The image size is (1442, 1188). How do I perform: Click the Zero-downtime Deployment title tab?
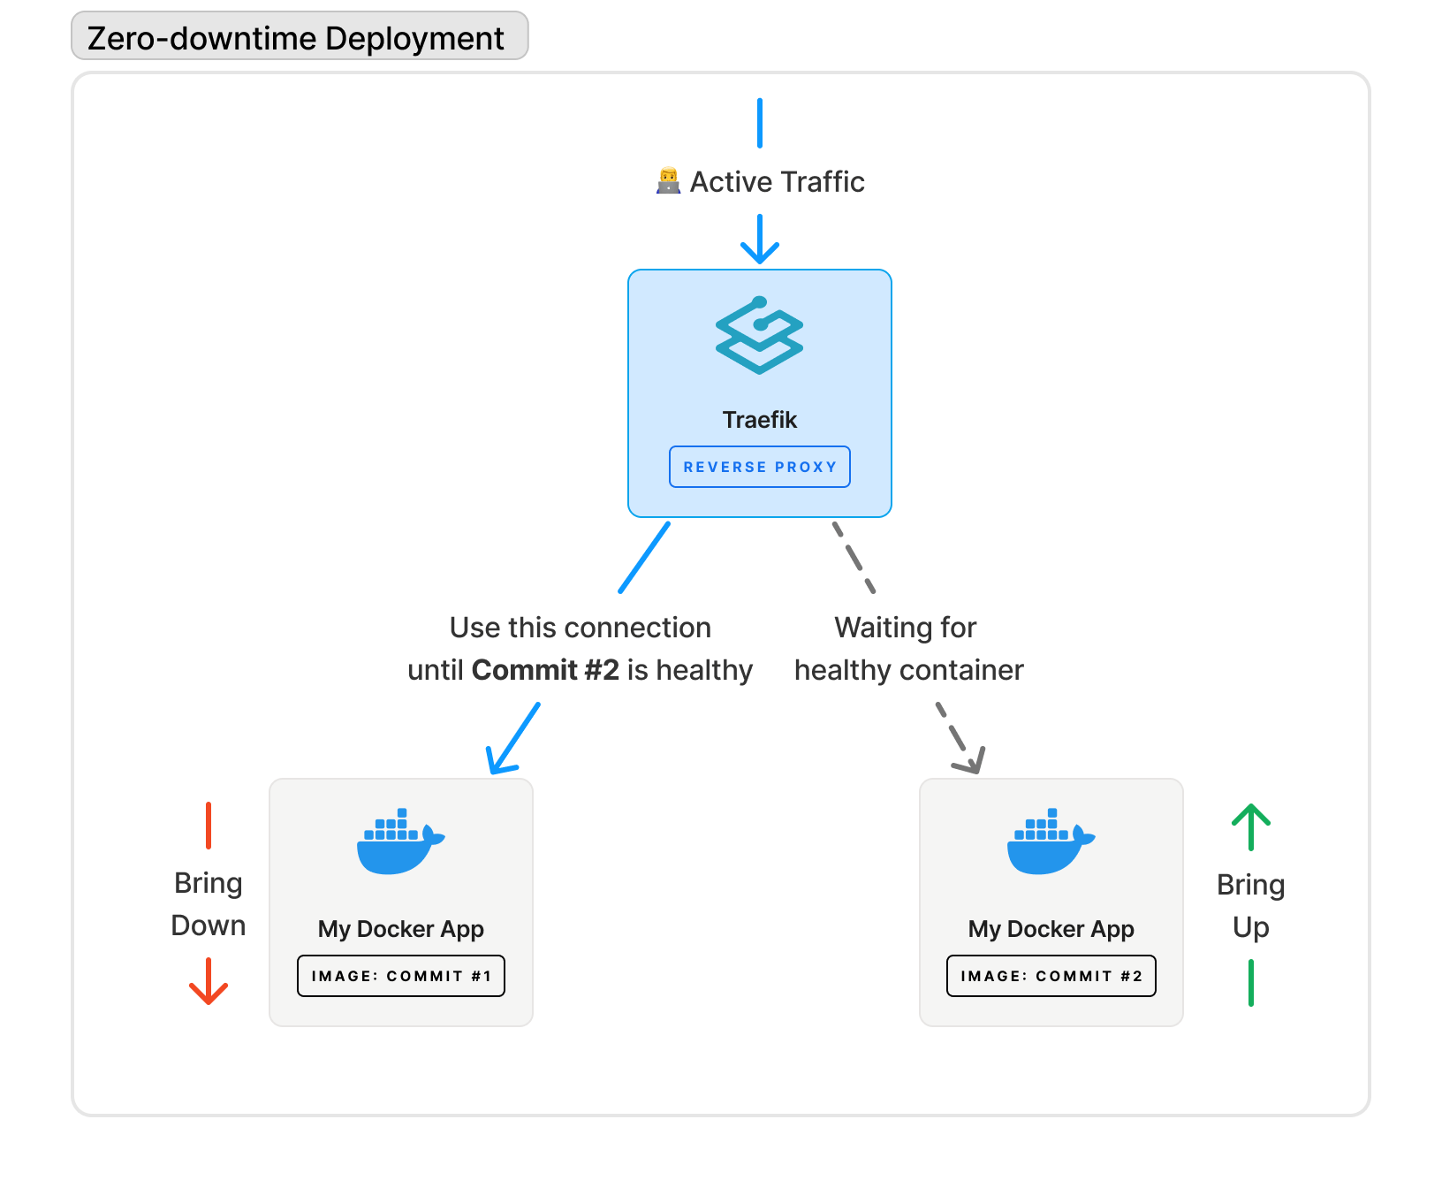pos(299,37)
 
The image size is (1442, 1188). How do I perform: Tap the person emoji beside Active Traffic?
pos(668,181)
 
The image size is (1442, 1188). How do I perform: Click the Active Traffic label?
pos(777,181)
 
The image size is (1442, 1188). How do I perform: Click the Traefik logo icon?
pos(759,335)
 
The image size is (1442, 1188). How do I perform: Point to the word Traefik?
pos(759,419)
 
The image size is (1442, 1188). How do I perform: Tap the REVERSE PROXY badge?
pos(759,467)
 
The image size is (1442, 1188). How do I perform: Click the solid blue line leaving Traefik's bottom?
pos(644,557)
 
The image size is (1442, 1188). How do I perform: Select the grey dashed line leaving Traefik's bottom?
pos(854,557)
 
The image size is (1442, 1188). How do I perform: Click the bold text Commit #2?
pos(545,670)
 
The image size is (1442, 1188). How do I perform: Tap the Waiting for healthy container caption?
pos(907,649)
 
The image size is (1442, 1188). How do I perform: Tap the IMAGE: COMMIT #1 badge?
pos(400,976)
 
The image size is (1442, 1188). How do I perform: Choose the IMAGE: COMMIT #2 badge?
pos(1051,976)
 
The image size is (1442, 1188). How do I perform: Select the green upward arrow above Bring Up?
pos(1250,822)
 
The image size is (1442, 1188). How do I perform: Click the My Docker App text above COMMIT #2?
pos(1051,929)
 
